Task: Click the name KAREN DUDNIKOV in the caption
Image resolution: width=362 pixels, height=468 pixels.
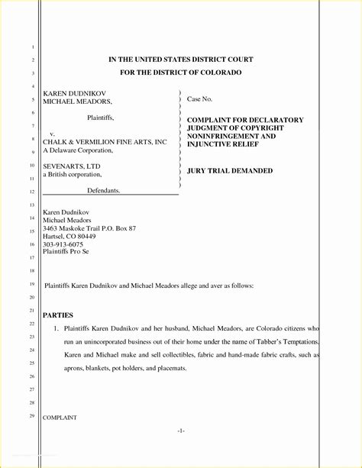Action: click(73, 92)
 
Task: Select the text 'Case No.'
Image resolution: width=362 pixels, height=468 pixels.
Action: click(199, 99)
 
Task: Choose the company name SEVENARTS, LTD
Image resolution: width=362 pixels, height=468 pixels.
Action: click(71, 165)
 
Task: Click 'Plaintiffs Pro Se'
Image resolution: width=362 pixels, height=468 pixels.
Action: click(66, 252)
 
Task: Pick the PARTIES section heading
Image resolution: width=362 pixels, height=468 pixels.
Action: click(58, 315)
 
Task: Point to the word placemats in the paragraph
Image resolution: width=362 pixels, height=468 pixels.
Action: click(171, 368)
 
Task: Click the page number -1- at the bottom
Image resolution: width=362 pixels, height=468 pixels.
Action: click(180, 431)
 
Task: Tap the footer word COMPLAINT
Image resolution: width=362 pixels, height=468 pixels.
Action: click(60, 418)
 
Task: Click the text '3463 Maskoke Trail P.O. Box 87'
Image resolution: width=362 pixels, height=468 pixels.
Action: click(89, 228)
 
